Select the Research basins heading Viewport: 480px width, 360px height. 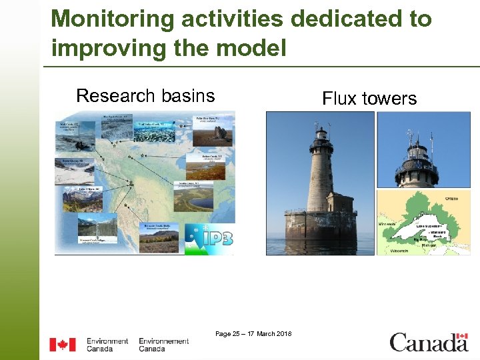point(145,96)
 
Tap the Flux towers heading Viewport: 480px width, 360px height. point(369,99)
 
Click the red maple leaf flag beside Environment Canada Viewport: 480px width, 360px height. point(63,345)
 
